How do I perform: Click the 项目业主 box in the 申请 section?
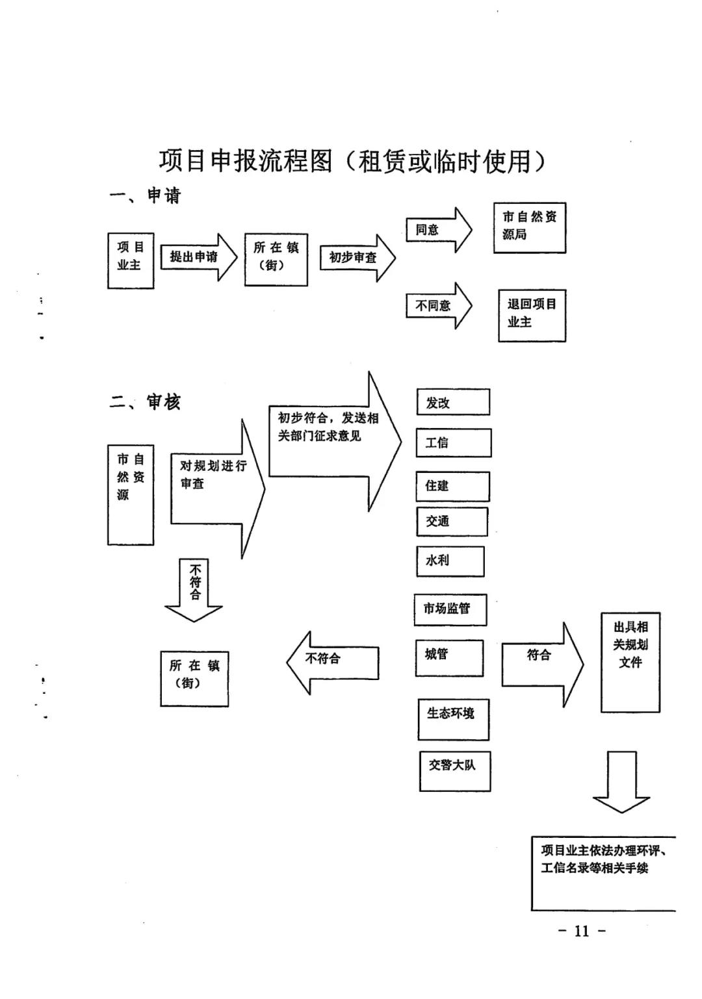pos(131,260)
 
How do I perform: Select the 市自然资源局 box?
pos(530,227)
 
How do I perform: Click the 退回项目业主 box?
pos(532,315)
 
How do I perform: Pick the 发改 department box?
pos(453,403)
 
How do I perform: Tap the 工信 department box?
pos(454,443)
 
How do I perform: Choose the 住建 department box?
pos(452,486)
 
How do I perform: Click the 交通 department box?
pos(452,522)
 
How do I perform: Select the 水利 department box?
pos(450,561)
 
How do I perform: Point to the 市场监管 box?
pos(450,609)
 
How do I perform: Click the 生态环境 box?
pos(453,718)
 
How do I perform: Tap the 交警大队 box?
pos(454,770)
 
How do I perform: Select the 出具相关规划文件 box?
pos(630,662)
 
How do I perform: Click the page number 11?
pos(582,931)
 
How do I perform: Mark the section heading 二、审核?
pos(145,403)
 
